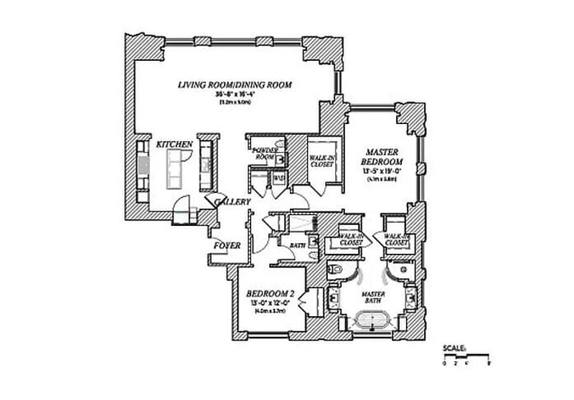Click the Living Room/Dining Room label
[235, 85]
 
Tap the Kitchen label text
[174, 145]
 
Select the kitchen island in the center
[175, 173]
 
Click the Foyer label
[226, 246]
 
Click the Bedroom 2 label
[269, 294]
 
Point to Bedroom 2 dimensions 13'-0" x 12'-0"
[268, 303]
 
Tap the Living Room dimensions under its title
[235, 95]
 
